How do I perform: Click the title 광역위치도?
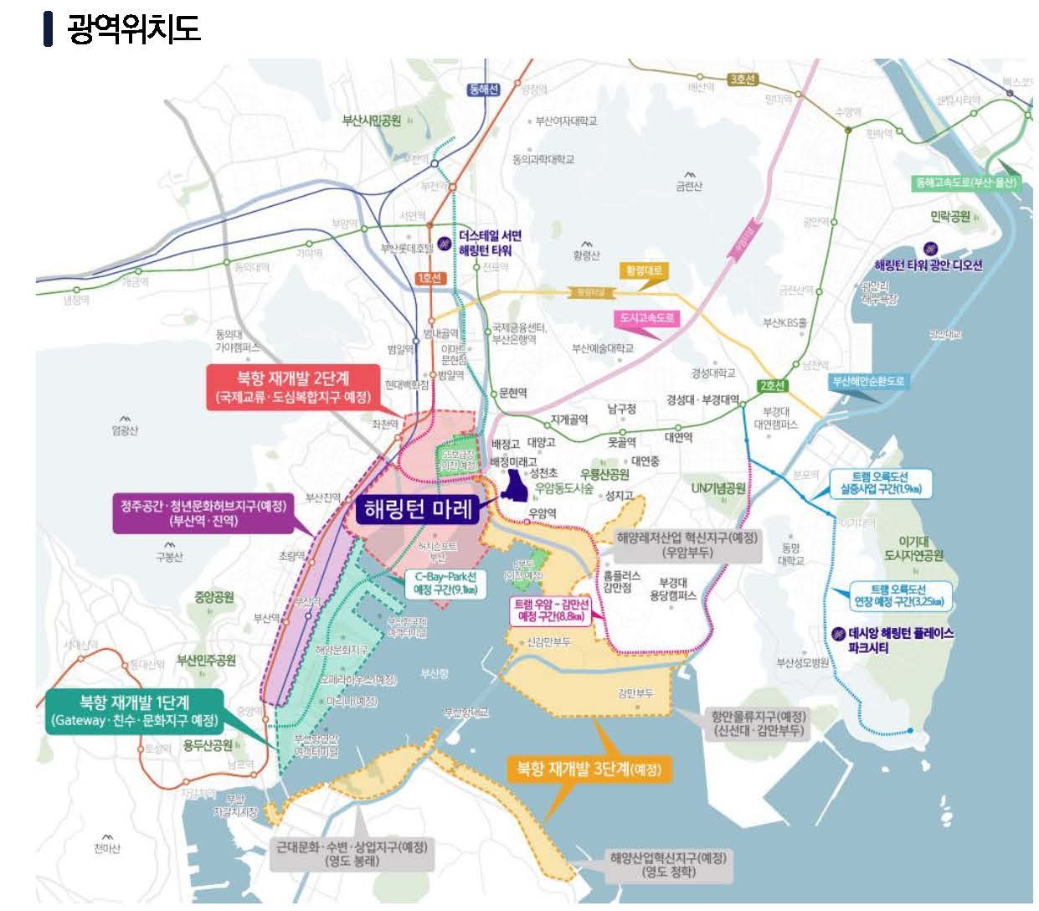133,28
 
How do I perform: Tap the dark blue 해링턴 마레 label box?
418,509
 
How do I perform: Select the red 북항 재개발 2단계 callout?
292,387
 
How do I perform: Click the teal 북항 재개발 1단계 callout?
135,711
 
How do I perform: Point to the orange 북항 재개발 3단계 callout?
584,769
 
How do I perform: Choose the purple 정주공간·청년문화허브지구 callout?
203,513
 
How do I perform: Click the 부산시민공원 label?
371,121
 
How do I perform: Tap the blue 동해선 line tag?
484,90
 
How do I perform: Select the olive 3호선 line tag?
742,80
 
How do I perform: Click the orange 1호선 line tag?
429,278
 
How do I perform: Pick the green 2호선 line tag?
772,386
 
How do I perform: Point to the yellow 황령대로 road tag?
644,270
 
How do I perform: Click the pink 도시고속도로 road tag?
646,318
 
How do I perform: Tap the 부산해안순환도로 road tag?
867,381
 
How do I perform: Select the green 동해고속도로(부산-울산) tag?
966,183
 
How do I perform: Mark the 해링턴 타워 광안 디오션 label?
928,265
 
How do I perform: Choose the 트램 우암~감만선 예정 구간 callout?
551,610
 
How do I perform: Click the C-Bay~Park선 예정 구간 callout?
445,583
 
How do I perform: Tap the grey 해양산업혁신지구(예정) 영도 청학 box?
668,864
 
